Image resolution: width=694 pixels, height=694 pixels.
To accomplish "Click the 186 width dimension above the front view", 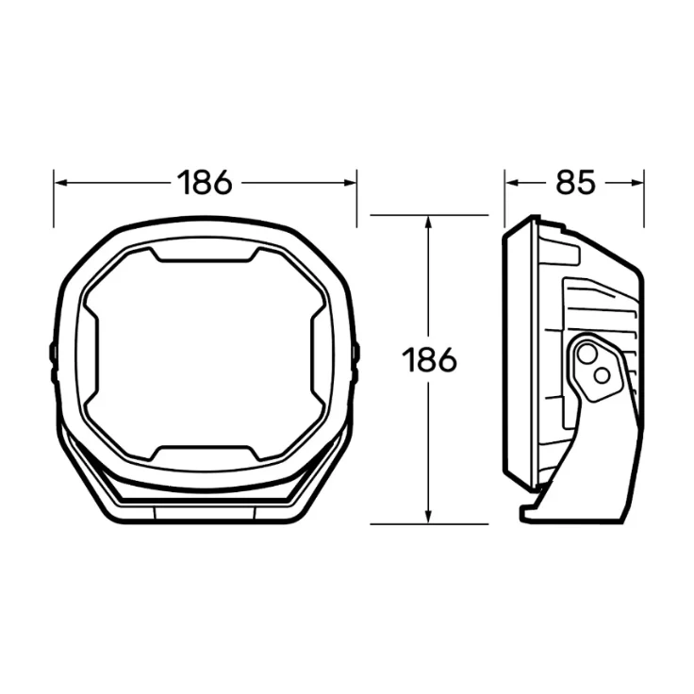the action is click(x=205, y=182).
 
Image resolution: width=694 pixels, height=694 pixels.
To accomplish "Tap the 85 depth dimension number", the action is click(x=575, y=182).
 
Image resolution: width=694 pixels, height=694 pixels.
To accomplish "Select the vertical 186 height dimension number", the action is click(x=429, y=359).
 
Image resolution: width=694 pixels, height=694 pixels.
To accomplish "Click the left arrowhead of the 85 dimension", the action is click(x=512, y=183).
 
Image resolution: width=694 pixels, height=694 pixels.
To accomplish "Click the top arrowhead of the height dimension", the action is click(x=428, y=223).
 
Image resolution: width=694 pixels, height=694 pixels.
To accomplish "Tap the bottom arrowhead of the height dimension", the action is click(x=428, y=517).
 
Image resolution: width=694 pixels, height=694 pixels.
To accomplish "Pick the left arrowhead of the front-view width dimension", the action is click(x=60, y=183).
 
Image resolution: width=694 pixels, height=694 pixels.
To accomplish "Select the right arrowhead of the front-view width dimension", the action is click(x=350, y=183).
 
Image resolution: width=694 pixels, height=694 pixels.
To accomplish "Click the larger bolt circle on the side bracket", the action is click(x=587, y=355).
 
